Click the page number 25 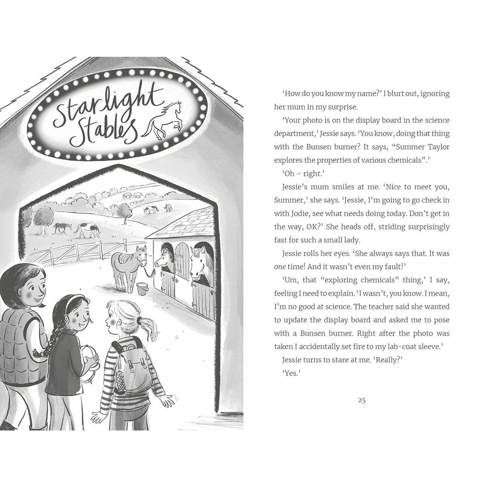coord(362,400)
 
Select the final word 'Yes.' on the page coord(291,373)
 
